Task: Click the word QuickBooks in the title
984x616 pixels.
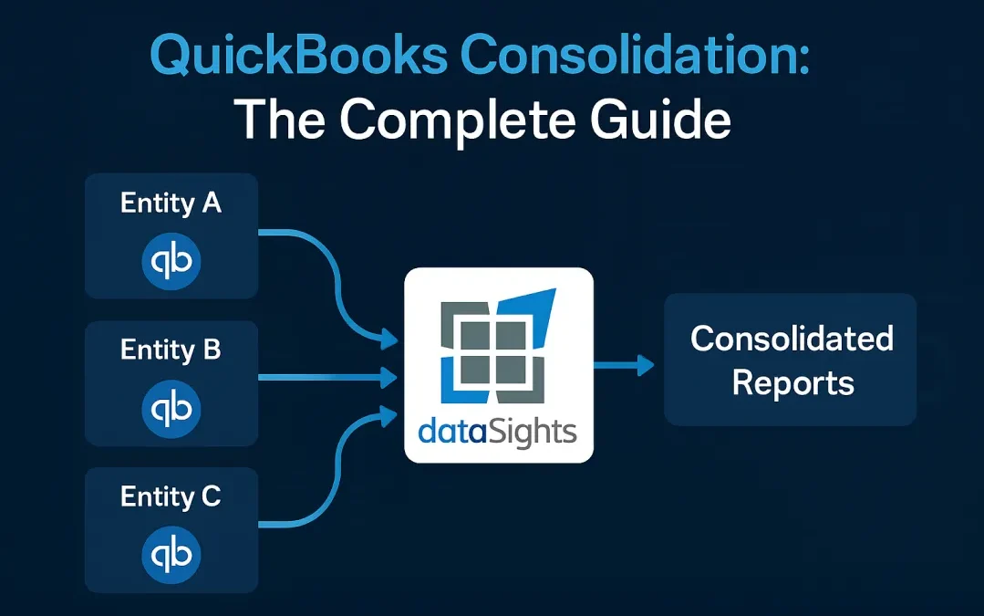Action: point(297,57)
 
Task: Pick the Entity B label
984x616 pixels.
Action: point(171,350)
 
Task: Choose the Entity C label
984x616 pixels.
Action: point(171,496)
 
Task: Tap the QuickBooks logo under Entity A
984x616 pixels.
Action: point(171,261)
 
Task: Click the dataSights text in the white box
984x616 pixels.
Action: point(498,429)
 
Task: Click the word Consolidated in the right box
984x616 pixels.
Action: point(792,339)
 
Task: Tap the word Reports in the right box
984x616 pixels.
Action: point(792,382)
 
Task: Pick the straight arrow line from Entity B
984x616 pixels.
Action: point(319,376)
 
